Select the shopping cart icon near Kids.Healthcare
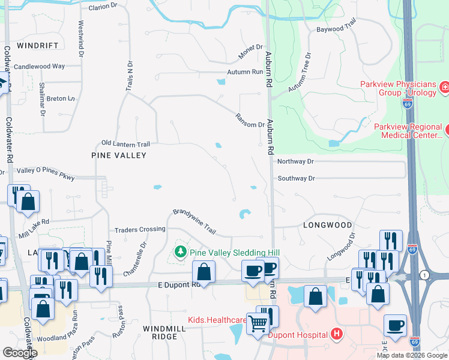(258, 323)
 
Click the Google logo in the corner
(20, 353)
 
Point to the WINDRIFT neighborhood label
(38, 46)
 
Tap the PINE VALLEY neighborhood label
(119, 155)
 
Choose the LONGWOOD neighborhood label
(327, 225)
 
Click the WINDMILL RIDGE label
(160, 332)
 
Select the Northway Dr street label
(295, 161)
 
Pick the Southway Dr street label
(296, 178)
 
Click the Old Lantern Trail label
(125, 143)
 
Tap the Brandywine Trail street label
(194, 221)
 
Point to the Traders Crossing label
(140, 229)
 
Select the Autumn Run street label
(245, 72)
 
